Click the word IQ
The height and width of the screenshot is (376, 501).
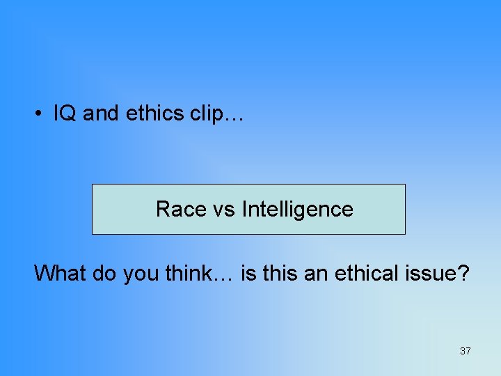tap(65, 114)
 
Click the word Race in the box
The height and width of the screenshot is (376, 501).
tap(180, 209)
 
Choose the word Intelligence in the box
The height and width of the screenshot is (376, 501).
tap(297, 209)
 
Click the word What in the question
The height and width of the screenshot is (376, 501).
tap(58, 273)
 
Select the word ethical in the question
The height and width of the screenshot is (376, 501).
tap(367, 273)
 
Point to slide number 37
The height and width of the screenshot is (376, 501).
tap(465, 351)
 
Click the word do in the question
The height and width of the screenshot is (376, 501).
tap(104, 273)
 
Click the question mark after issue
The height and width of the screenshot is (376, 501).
tap(463, 273)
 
